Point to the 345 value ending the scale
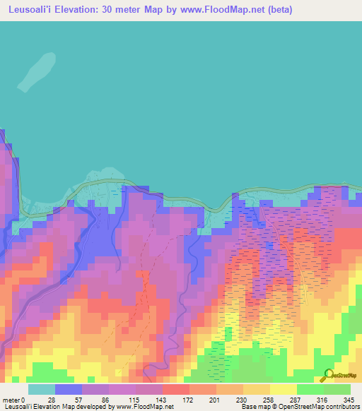click(x=349, y=399)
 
